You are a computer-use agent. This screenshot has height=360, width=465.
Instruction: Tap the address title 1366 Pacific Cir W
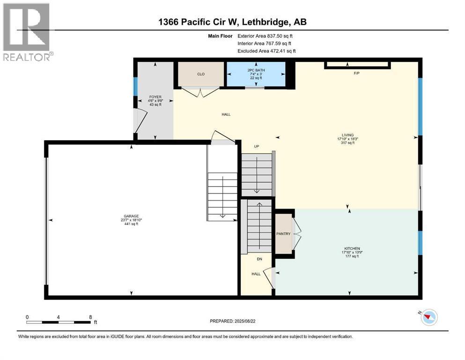coord(233,22)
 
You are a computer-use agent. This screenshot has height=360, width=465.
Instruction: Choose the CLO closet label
coord(201,74)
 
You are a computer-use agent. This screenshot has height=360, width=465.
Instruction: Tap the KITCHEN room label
coord(350,248)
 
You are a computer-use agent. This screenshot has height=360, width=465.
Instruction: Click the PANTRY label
coord(283,234)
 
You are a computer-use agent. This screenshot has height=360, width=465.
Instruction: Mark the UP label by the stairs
coord(256,146)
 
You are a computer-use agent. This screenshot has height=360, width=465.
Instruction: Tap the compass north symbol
coord(428,318)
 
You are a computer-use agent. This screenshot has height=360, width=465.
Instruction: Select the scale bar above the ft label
coord(59,322)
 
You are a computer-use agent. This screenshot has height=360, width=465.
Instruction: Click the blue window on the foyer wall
coord(136,86)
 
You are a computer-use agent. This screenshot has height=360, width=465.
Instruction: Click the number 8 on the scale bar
coord(90,317)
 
